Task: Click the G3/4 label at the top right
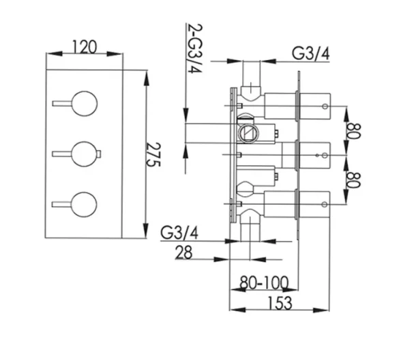coord(311,52)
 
